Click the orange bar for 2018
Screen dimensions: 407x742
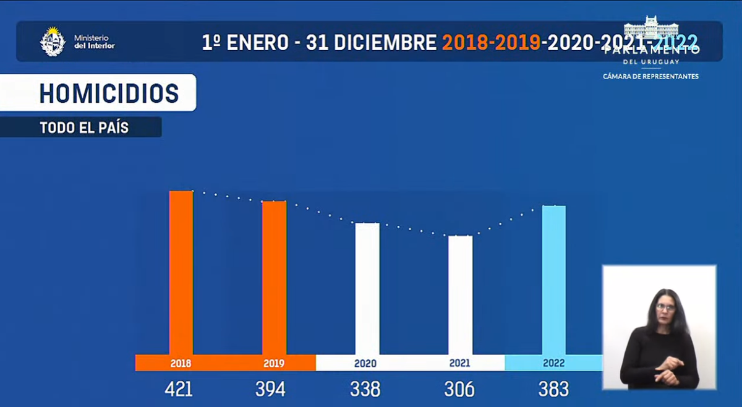pos(181,272)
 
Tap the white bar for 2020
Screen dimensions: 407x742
pos(367,288)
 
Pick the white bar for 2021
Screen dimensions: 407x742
pos(460,294)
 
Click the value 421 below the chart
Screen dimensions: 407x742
pos(179,389)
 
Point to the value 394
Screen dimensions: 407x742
pos(271,389)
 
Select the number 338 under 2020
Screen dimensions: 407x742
pos(365,389)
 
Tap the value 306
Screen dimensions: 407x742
pos(459,389)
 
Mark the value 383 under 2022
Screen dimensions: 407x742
pos(553,389)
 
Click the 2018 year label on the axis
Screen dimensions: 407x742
pos(181,364)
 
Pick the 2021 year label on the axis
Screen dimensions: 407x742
pos(460,364)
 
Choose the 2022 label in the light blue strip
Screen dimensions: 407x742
pos(553,364)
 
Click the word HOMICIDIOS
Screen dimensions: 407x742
pos(109,93)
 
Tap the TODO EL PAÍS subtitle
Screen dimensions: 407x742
pos(84,128)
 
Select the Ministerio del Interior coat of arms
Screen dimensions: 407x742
pos(53,41)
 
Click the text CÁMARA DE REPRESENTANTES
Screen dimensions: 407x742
pos(650,77)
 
